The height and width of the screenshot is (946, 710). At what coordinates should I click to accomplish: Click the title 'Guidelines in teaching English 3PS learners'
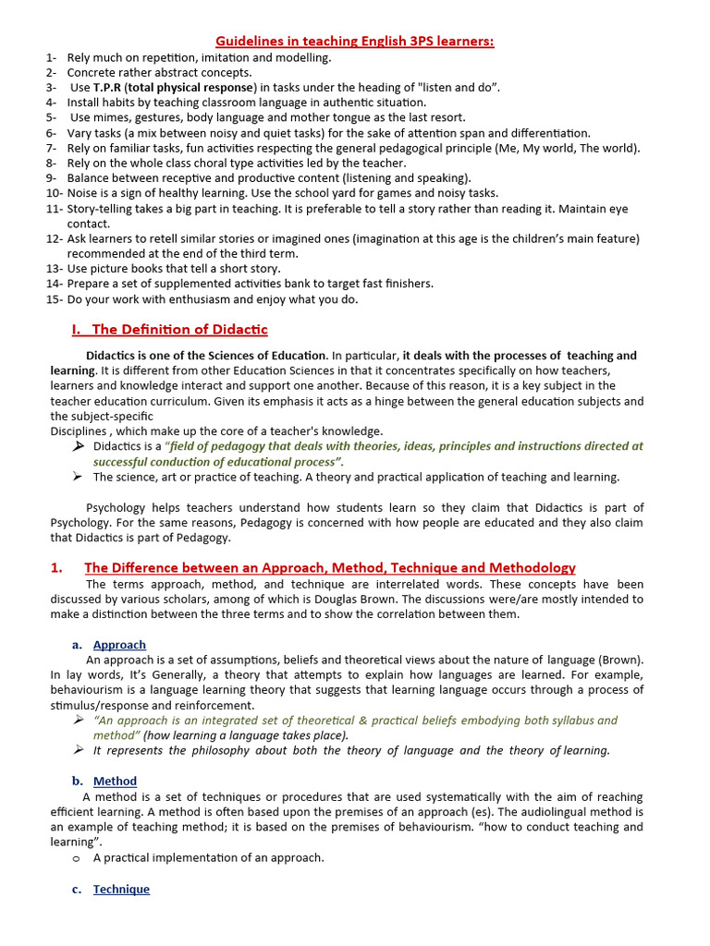point(355,42)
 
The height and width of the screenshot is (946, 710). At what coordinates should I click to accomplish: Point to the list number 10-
point(55,193)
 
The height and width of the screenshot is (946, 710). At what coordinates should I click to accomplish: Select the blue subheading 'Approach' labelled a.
point(119,645)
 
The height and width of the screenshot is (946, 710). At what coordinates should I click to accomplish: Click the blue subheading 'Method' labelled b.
point(115,782)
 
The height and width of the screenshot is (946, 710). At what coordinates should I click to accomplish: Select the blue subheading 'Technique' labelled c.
point(121,890)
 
